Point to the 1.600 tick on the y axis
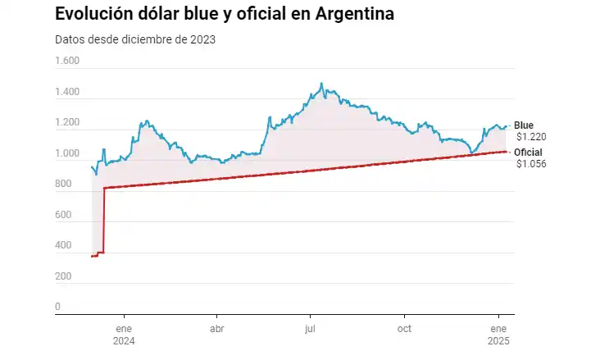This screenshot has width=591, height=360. click(67, 62)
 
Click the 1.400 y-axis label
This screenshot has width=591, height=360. click(67, 93)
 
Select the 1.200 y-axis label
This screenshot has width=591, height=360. click(67, 123)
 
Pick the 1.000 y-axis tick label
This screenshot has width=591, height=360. click(67, 154)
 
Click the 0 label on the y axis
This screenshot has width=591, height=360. click(57, 308)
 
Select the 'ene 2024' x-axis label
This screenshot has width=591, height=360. click(124, 335)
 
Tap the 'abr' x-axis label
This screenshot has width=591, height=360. click(217, 329)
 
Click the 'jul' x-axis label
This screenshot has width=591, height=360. click(311, 329)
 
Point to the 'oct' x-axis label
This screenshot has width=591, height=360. click(404, 329)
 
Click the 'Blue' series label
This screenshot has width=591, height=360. click(523, 125)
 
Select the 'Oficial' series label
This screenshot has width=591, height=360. click(528, 153)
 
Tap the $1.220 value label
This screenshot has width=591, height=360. click(531, 136)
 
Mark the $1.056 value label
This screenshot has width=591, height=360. click(531, 164)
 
